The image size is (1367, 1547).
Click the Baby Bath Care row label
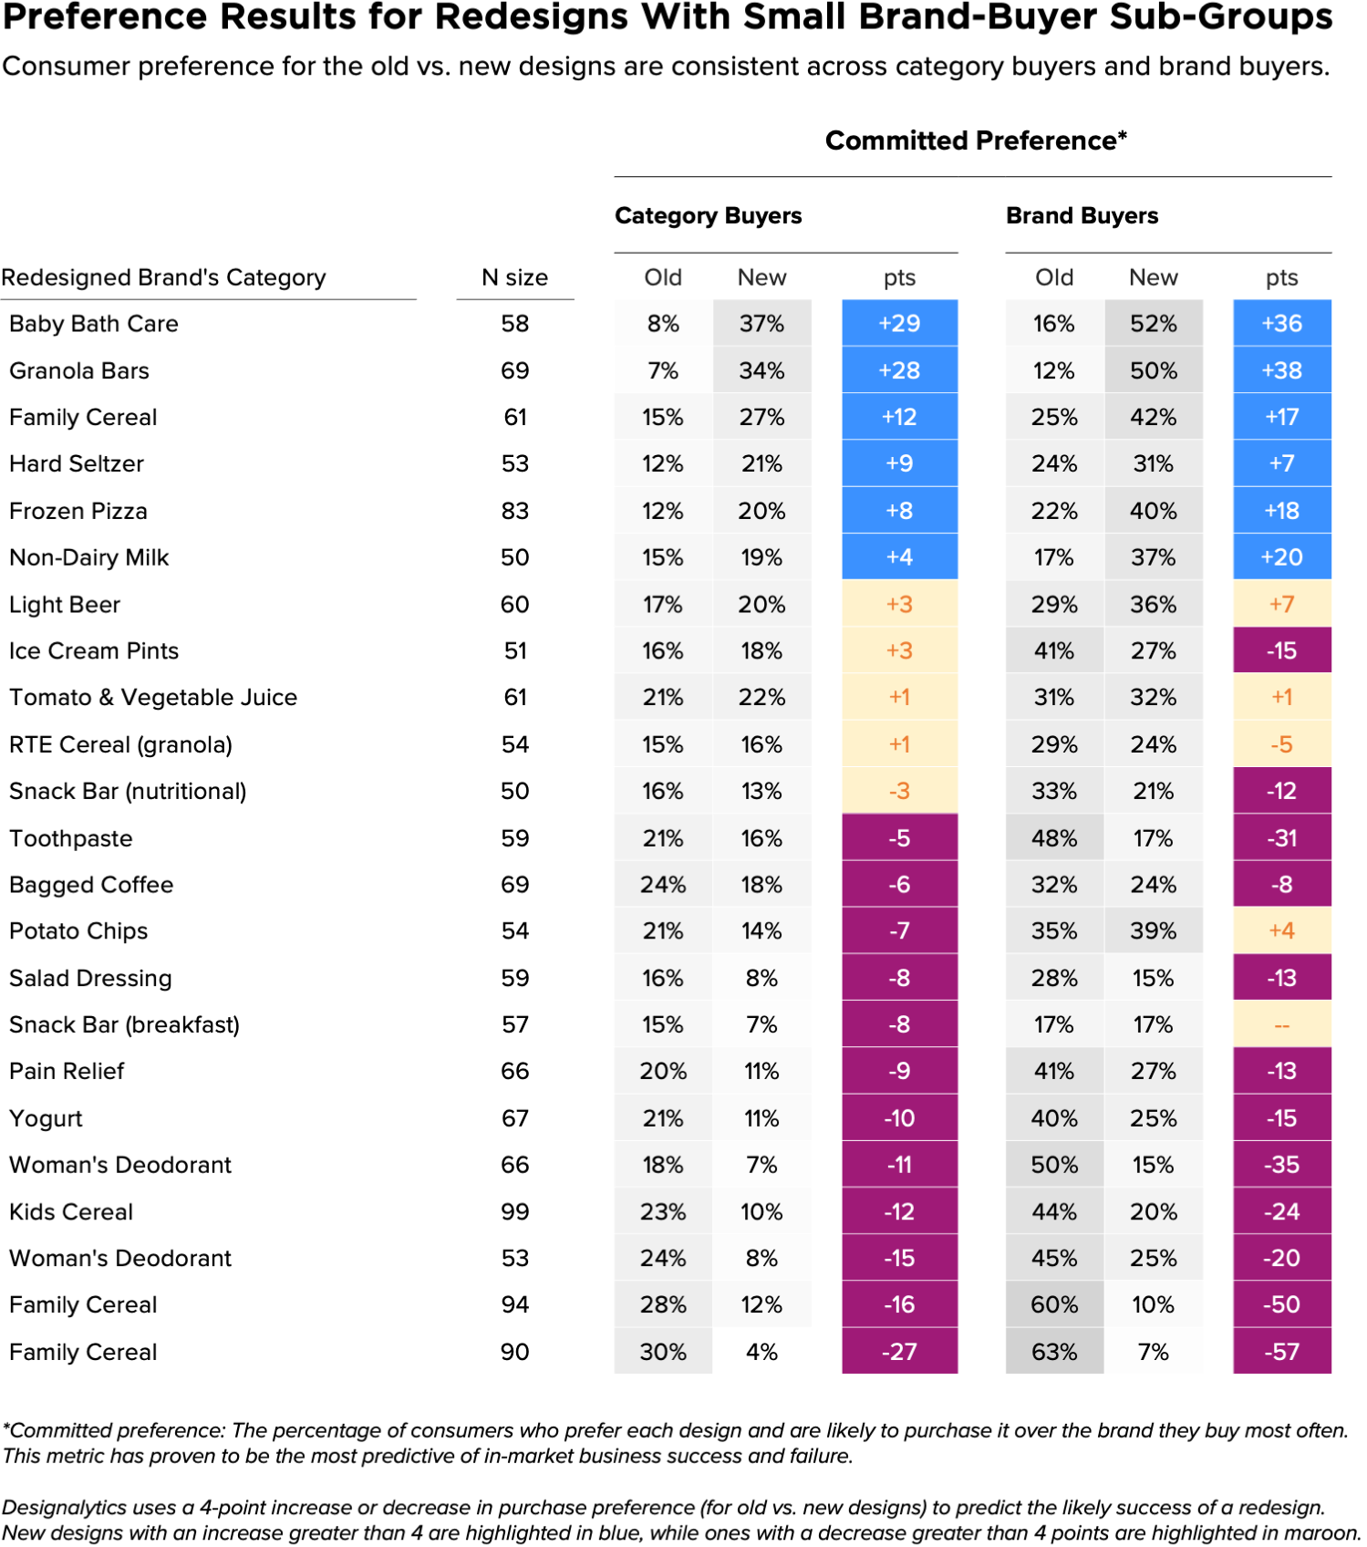(x=93, y=324)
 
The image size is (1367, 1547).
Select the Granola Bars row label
(x=78, y=370)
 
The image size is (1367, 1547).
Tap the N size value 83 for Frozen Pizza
(x=515, y=511)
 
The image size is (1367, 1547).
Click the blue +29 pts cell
(x=899, y=323)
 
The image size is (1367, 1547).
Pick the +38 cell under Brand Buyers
(x=1281, y=370)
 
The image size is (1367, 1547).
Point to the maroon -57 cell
(x=1281, y=1352)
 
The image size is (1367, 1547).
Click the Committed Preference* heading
(x=976, y=140)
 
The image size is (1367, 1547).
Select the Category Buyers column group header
(x=708, y=216)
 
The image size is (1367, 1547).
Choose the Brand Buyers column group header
(x=1082, y=216)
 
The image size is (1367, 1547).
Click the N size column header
(x=515, y=277)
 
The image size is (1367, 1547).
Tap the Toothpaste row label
(x=70, y=838)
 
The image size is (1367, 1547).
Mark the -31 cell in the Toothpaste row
(x=1281, y=837)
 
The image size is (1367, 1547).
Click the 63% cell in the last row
(x=1054, y=1352)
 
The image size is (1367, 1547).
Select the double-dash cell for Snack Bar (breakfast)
(x=1281, y=1025)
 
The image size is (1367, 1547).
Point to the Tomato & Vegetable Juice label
(x=153, y=698)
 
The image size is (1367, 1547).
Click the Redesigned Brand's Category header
(x=164, y=277)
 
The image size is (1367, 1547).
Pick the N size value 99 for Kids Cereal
(x=515, y=1211)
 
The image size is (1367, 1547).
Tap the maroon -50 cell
(x=1281, y=1304)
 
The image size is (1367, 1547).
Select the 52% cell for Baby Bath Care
(x=1154, y=323)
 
